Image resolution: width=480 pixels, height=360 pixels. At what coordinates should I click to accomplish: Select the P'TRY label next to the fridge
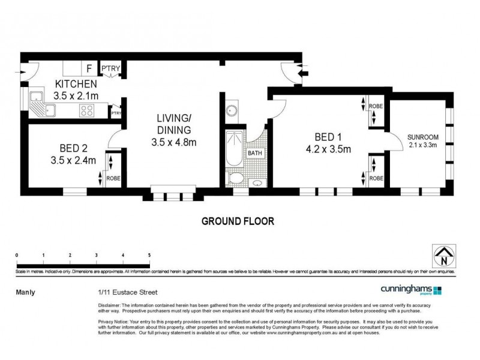click(110, 68)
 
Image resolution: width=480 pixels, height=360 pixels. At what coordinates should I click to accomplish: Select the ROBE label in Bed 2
click(113, 178)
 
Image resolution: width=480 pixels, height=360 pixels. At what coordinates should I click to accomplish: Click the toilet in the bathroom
click(237, 179)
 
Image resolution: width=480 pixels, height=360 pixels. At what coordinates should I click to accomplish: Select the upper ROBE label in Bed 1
click(376, 106)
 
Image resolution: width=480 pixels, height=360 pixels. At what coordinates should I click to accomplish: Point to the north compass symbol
click(443, 256)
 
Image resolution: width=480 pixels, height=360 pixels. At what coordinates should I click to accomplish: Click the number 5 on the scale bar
click(149, 256)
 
